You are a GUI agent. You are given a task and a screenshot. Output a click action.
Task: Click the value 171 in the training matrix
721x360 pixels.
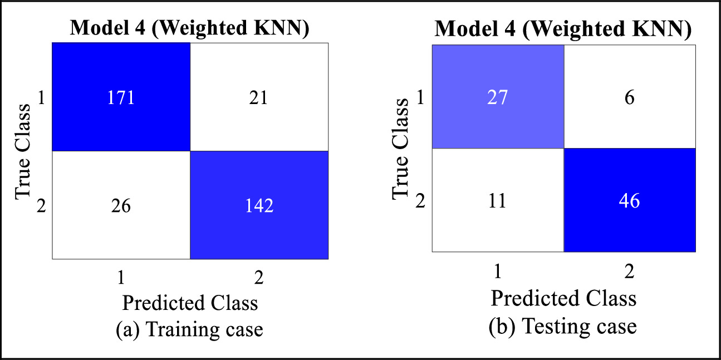[121, 98]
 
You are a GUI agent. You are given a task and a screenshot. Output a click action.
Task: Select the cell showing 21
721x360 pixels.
[259, 98]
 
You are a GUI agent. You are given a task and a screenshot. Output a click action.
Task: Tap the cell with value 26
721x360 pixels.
[121, 206]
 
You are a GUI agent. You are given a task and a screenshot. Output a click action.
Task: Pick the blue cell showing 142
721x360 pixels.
[259, 206]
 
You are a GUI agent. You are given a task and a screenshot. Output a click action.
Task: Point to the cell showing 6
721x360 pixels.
[630, 96]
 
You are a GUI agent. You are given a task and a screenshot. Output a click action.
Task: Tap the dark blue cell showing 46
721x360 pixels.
[630, 200]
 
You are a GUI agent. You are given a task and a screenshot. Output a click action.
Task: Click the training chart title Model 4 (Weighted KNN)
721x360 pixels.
[189, 28]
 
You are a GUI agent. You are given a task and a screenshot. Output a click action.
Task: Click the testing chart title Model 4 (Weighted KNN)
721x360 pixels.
[563, 28]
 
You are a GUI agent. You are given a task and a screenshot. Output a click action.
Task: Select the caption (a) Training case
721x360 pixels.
[189, 329]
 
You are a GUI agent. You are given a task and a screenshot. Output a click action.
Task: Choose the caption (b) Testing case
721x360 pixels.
[563, 326]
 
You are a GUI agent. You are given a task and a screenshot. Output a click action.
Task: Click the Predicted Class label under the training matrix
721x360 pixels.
[190, 303]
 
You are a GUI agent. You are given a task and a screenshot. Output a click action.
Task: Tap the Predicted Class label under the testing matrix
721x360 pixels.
[563, 298]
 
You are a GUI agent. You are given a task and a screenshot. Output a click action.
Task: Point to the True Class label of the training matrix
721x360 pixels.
[22, 151]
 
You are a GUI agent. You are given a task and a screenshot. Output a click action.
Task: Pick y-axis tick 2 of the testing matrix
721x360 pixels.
[420, 200]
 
